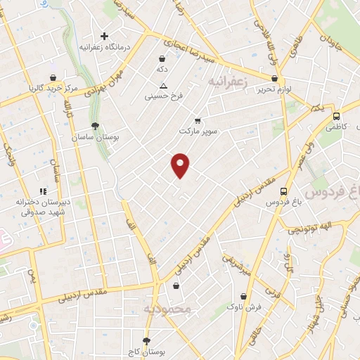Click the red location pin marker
point(181,165)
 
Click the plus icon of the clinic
point(104,35)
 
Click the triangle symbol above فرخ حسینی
point(163,85)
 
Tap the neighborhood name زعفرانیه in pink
point(229,82)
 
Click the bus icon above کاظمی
point(337,116)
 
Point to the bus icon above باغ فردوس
point(283,191)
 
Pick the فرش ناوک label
point(245,307)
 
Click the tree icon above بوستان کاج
point(146,340)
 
